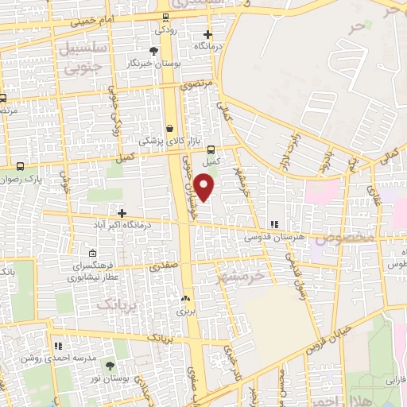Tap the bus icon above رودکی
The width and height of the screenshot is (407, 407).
[165, 18]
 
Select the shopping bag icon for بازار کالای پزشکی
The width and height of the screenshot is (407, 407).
[169, 127]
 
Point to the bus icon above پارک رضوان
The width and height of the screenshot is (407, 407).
[21, 166]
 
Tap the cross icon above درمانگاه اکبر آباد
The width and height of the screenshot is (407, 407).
[121, 213]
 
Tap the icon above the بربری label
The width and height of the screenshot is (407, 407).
[185, 300]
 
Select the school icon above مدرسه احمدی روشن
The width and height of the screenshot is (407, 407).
[58, 346]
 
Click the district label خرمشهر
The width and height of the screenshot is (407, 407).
[245, 276]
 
